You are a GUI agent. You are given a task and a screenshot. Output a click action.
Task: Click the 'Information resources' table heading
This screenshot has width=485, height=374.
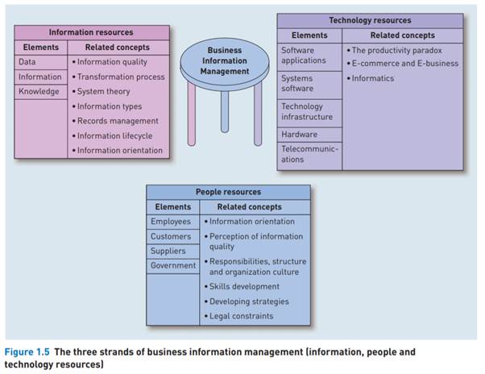(91, 33)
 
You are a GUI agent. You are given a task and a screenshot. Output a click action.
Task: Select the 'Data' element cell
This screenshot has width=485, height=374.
(27, 62)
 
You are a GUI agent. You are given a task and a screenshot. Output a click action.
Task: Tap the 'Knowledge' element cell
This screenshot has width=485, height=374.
(39, 91)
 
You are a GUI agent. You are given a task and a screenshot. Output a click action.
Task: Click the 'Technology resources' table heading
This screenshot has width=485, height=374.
(370, 20)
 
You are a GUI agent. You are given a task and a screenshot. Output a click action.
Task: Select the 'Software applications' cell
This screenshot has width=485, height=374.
(304, 55)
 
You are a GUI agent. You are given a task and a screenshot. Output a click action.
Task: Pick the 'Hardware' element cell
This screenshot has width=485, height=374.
(299, 134)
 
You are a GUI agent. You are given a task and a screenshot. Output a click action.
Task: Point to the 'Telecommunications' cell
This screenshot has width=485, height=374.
(309, 154)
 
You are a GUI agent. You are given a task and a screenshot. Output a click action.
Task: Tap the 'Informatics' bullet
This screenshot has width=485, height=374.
(374, 78)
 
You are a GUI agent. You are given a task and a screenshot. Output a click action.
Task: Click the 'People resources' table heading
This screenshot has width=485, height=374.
(229, 192)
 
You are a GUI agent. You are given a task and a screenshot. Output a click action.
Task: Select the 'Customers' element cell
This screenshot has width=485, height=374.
(171, 236)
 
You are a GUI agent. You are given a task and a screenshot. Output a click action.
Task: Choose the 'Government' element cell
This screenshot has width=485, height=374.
(172, 265)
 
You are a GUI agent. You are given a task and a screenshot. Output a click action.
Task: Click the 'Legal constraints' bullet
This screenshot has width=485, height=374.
(241, 316)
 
